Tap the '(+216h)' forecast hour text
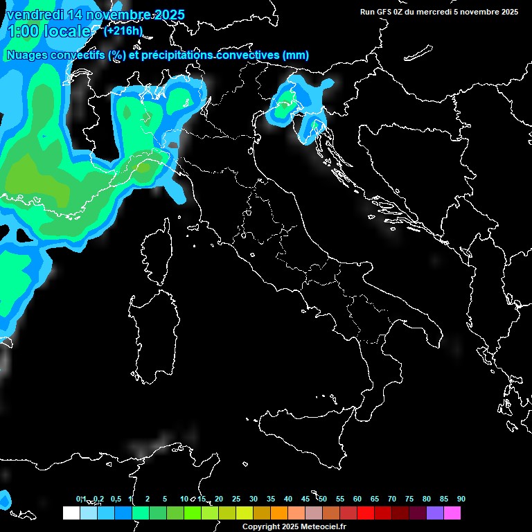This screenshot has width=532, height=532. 123,30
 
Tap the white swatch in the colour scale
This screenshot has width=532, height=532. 71,513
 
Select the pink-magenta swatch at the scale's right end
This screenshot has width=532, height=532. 452,513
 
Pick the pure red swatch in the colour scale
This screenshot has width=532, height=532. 366,513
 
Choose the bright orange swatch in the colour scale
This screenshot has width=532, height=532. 279,513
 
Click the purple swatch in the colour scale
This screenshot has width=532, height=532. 435,513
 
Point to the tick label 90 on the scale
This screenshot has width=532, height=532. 461,499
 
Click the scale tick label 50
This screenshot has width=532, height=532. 323,499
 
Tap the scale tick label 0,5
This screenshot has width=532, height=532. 115,499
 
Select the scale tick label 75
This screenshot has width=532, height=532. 409,499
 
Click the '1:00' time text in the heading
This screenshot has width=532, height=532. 22,31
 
